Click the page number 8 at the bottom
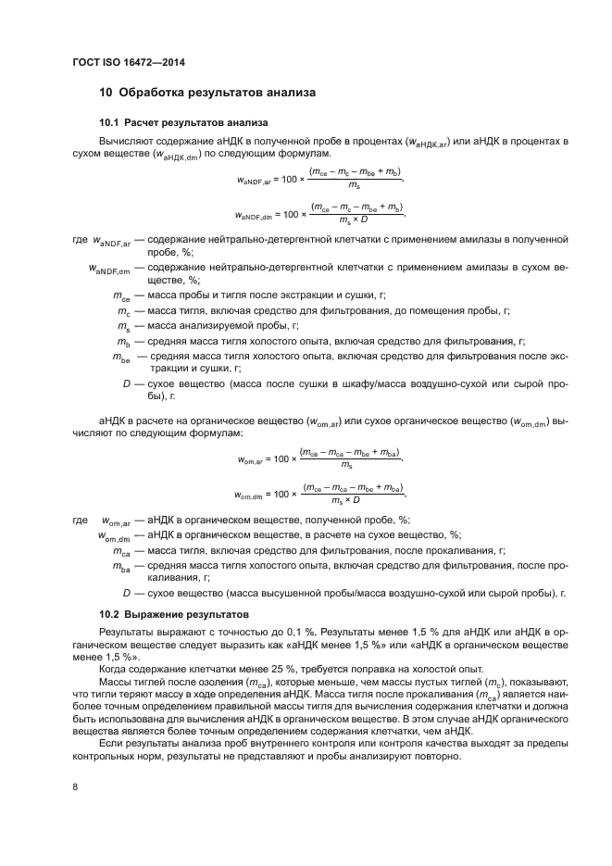coord(75,786)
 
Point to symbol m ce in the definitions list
coord(121,298)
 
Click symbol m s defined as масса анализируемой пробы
coord(123,327)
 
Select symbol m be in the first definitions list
coord(121,357)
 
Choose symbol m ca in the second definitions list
coord(121,550)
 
